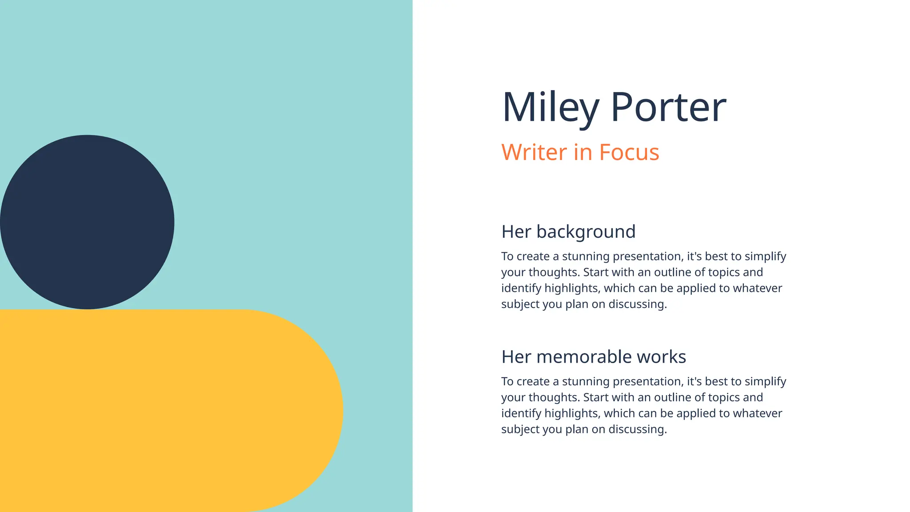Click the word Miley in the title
point(551,108)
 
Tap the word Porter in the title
point(668,108)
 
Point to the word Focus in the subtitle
point(629,152)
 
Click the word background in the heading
point(586,232)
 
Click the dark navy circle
point(87,222)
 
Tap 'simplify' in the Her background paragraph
point(765,256)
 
